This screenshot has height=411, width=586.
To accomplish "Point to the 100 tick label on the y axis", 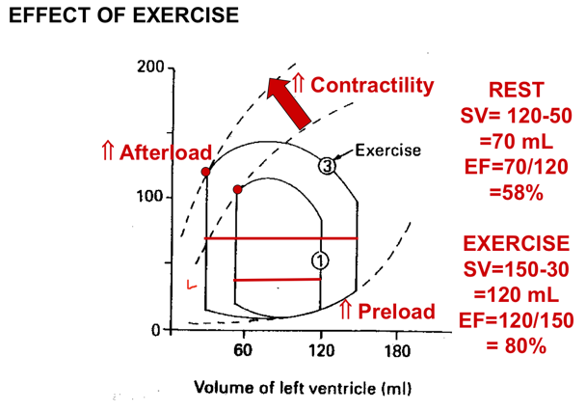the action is point(149,198).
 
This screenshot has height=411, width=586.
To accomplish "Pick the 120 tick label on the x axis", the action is point(321,350).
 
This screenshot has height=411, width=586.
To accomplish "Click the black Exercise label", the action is point(387,151).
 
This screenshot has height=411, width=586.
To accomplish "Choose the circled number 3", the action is point(328,166).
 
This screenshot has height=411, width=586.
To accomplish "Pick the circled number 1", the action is point(319,260).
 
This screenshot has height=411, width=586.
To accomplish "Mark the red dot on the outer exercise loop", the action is point(206,172).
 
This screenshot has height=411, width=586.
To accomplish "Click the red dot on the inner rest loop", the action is point(238,189).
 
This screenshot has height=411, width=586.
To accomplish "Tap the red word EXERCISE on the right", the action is point(516,242).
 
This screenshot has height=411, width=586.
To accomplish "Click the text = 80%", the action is point(516,344).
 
